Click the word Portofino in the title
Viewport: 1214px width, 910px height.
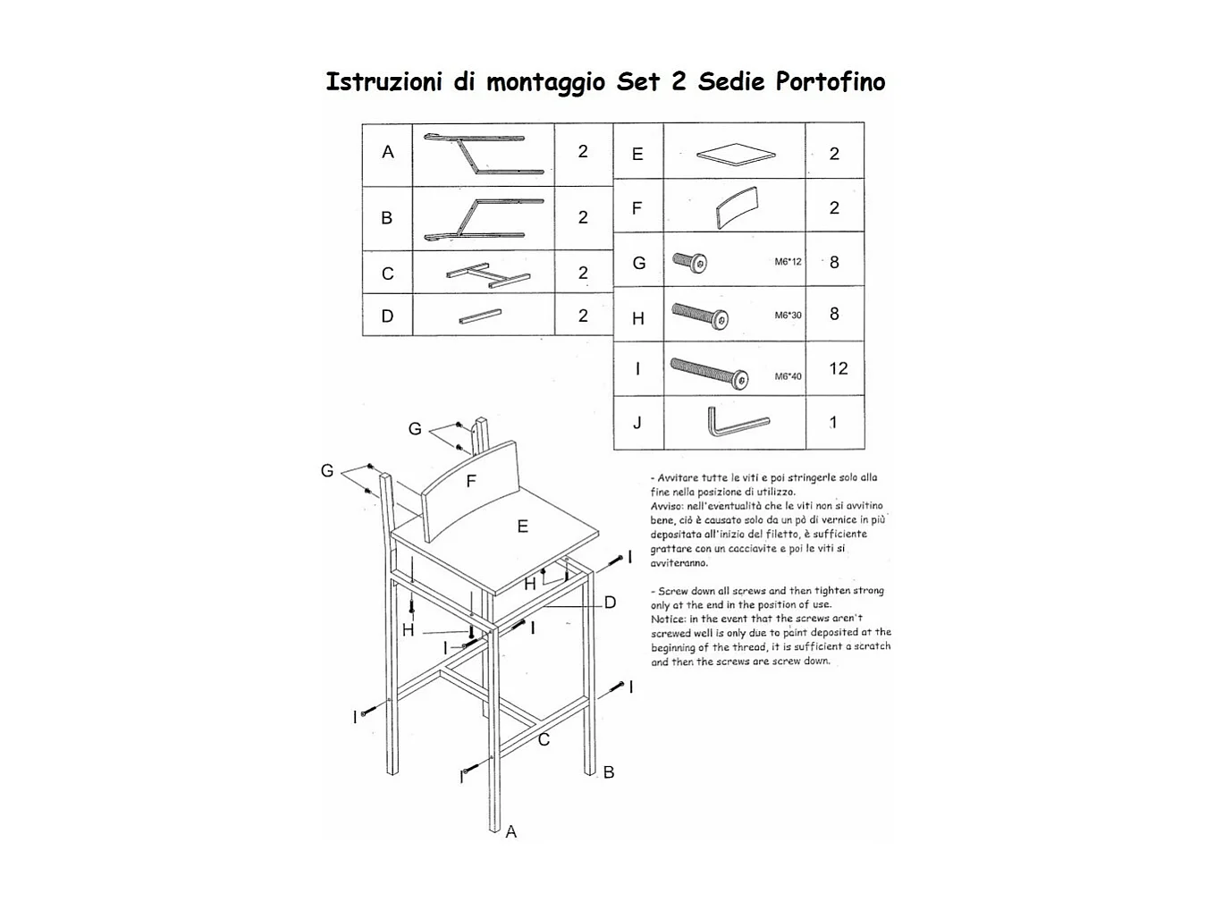pos(830,82)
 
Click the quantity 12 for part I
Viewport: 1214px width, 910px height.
pos(838,368)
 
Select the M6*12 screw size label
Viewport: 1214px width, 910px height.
pos(788,262)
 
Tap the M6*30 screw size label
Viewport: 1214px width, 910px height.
pos(788,316)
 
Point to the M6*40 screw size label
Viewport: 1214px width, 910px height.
pos(788,376)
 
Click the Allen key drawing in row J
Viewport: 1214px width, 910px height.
pos(738,423)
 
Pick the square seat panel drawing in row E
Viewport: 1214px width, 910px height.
pos(736,155)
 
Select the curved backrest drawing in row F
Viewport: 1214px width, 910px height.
pos(737,208)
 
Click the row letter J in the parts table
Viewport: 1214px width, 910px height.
pos(637,423)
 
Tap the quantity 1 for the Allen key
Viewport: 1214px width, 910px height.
pos(834,423)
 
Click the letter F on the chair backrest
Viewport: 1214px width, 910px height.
pos(471,482)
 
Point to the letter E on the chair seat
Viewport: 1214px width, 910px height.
pos(523,527)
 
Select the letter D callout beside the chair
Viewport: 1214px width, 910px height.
pos(611,602)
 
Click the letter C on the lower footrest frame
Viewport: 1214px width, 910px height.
pos(544,740)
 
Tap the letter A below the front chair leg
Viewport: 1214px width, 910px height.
pos(511,832)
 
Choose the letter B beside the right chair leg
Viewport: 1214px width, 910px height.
pos(609,772)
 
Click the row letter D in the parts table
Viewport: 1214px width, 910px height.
pos(387,316)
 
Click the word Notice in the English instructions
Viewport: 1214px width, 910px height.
pos(667,619)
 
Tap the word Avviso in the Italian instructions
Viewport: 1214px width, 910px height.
pos(667,506)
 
